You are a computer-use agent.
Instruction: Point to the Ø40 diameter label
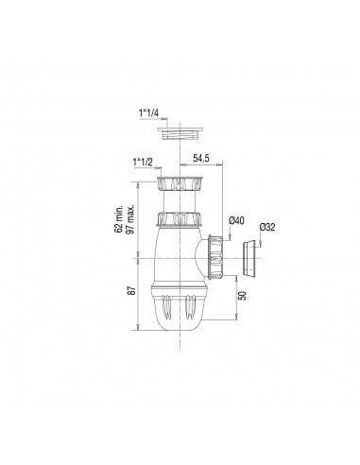coord(236,220)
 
